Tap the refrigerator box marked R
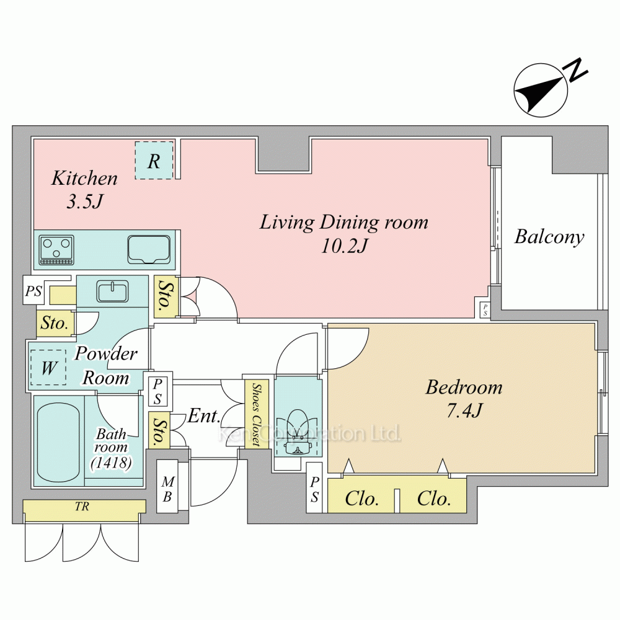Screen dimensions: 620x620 [154, 160]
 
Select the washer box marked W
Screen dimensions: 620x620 [48, 368]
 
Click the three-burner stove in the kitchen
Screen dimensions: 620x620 [56, 250]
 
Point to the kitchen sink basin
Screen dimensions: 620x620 [149, 249]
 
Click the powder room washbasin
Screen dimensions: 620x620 [112, 291]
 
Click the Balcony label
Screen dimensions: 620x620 [549, 237]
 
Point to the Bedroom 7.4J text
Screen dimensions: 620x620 [464, 399]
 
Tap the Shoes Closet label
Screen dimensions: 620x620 [257, 414]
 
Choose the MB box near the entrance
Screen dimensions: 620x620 [167, 487]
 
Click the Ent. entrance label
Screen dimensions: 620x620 [203, 416]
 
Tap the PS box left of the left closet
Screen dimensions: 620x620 [315, 489]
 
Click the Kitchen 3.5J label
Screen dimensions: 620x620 [84, 189]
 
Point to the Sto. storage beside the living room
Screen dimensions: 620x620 [164, 296]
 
